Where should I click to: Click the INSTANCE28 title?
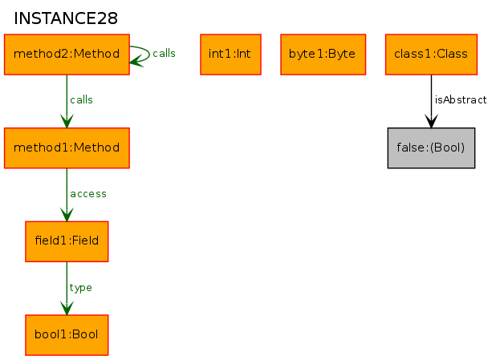coord(66,18)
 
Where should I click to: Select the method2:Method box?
coord(67,55)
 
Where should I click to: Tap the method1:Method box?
coord(67,148)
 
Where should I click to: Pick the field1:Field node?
coord(67,241)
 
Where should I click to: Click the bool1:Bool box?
coord(67,335)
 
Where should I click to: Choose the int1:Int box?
coord(230,55)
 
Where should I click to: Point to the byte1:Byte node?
coord(323,55)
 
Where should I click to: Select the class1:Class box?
coord(431,55)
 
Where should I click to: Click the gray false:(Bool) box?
coord(431,148)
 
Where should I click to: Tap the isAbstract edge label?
coord(461,100)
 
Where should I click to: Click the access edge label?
coord(88,194)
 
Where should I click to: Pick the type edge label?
coord(81,288)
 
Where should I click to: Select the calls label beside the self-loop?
coord(164,53)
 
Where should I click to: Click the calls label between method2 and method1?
coord(81,100)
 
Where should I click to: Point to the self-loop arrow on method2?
coord(149,54)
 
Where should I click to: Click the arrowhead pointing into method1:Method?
coord(67,122)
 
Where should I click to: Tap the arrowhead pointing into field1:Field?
coord(67,216)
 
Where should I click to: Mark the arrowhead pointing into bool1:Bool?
coord(67,309)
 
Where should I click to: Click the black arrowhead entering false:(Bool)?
coord(431,122)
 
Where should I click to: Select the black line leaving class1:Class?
coord(431,101)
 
